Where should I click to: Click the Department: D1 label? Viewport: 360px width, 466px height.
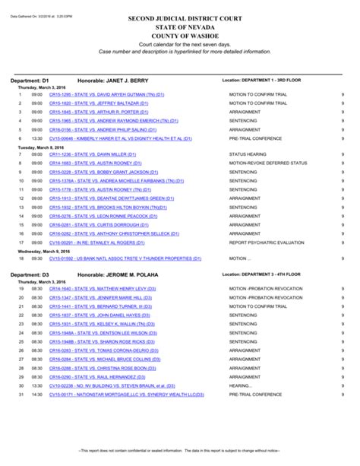[x=30, y=80]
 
